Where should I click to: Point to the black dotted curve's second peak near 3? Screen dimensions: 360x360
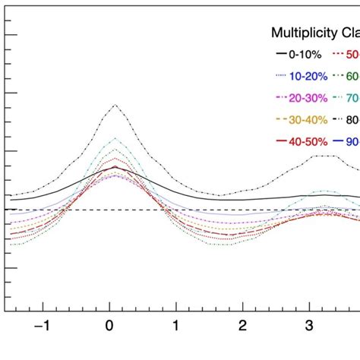tap(324, 155)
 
